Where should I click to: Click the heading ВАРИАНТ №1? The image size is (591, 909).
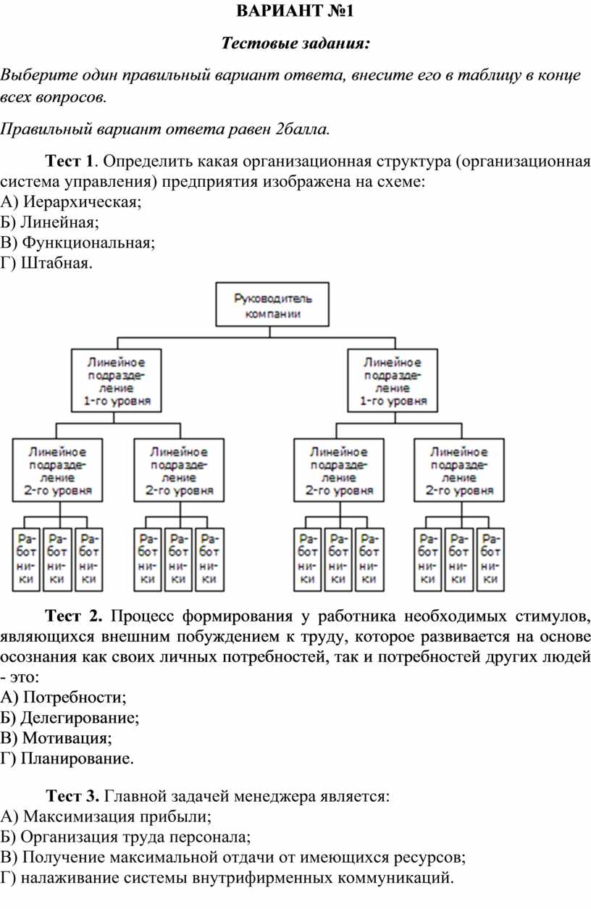[295, 11]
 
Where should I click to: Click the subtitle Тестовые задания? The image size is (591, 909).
[296, 43]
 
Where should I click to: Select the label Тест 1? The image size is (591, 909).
[70, 161]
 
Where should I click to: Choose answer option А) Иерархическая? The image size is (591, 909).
[71, 201]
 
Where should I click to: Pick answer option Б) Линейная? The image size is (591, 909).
[49, 222]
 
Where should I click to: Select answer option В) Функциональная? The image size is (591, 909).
[77, 242]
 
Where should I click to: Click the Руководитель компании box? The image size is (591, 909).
[272, 304]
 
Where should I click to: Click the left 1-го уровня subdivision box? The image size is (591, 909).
[117, 381]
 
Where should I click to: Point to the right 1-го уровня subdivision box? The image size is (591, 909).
[393, 381]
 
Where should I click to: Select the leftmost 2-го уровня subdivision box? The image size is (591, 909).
[57, 470]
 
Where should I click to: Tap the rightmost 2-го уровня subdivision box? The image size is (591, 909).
[459, 470]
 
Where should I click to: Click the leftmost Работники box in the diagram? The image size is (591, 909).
[26, 560]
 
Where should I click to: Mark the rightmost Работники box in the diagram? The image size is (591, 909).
[490, 560]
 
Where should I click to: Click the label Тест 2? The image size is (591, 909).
[73, 616]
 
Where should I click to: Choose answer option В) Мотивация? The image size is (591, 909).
[56, 737]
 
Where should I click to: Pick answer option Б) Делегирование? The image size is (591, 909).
[70, 717]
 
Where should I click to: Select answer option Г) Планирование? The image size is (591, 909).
[67, 758]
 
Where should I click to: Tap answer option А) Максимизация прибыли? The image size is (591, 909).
[106, 816]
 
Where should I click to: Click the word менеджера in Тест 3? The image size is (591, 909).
[276, 796]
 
